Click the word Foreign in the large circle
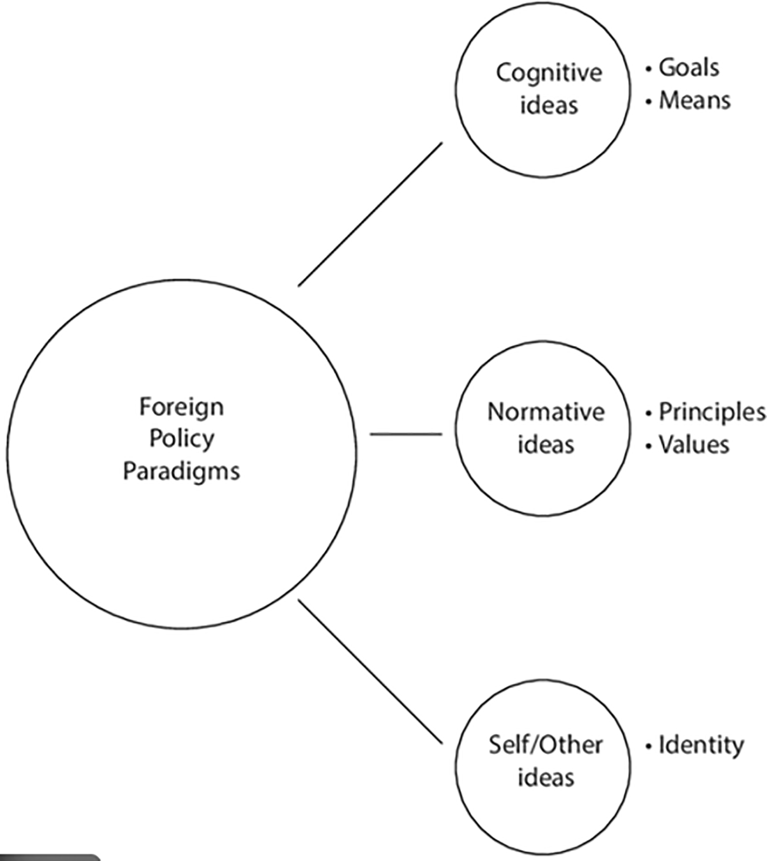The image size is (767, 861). pos(181,407)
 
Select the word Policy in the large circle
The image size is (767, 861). pos(181,439)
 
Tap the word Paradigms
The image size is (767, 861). pos(181,471)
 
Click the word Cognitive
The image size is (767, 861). pos(549,73)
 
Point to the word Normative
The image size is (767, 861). pos(546,412)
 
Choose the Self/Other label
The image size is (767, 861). pos(545,745)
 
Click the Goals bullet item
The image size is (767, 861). pos(689,68)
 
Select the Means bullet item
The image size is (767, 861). pos(694,101)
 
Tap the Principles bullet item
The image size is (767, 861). pos(712,413)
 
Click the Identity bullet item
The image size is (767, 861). pos(701,746)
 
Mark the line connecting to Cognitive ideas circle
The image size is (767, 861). pos(370,214)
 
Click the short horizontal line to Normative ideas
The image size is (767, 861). pos(406,434)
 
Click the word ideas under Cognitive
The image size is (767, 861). pos(549,105)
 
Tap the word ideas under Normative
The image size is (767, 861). pos(546,445)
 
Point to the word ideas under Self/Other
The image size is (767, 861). pos(546,778)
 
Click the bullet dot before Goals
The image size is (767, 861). pos(648,69)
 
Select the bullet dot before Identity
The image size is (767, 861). pos(648,747)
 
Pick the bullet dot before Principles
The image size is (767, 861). pos(648,414)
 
